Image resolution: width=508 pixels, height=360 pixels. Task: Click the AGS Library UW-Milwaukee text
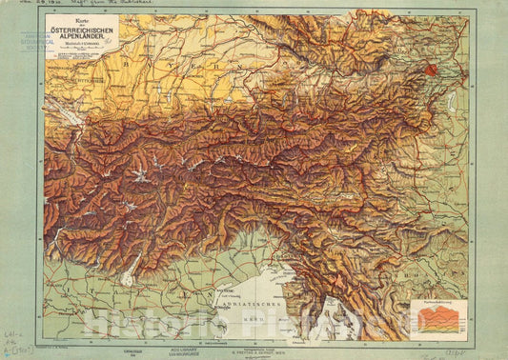click(x=221, y=351)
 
